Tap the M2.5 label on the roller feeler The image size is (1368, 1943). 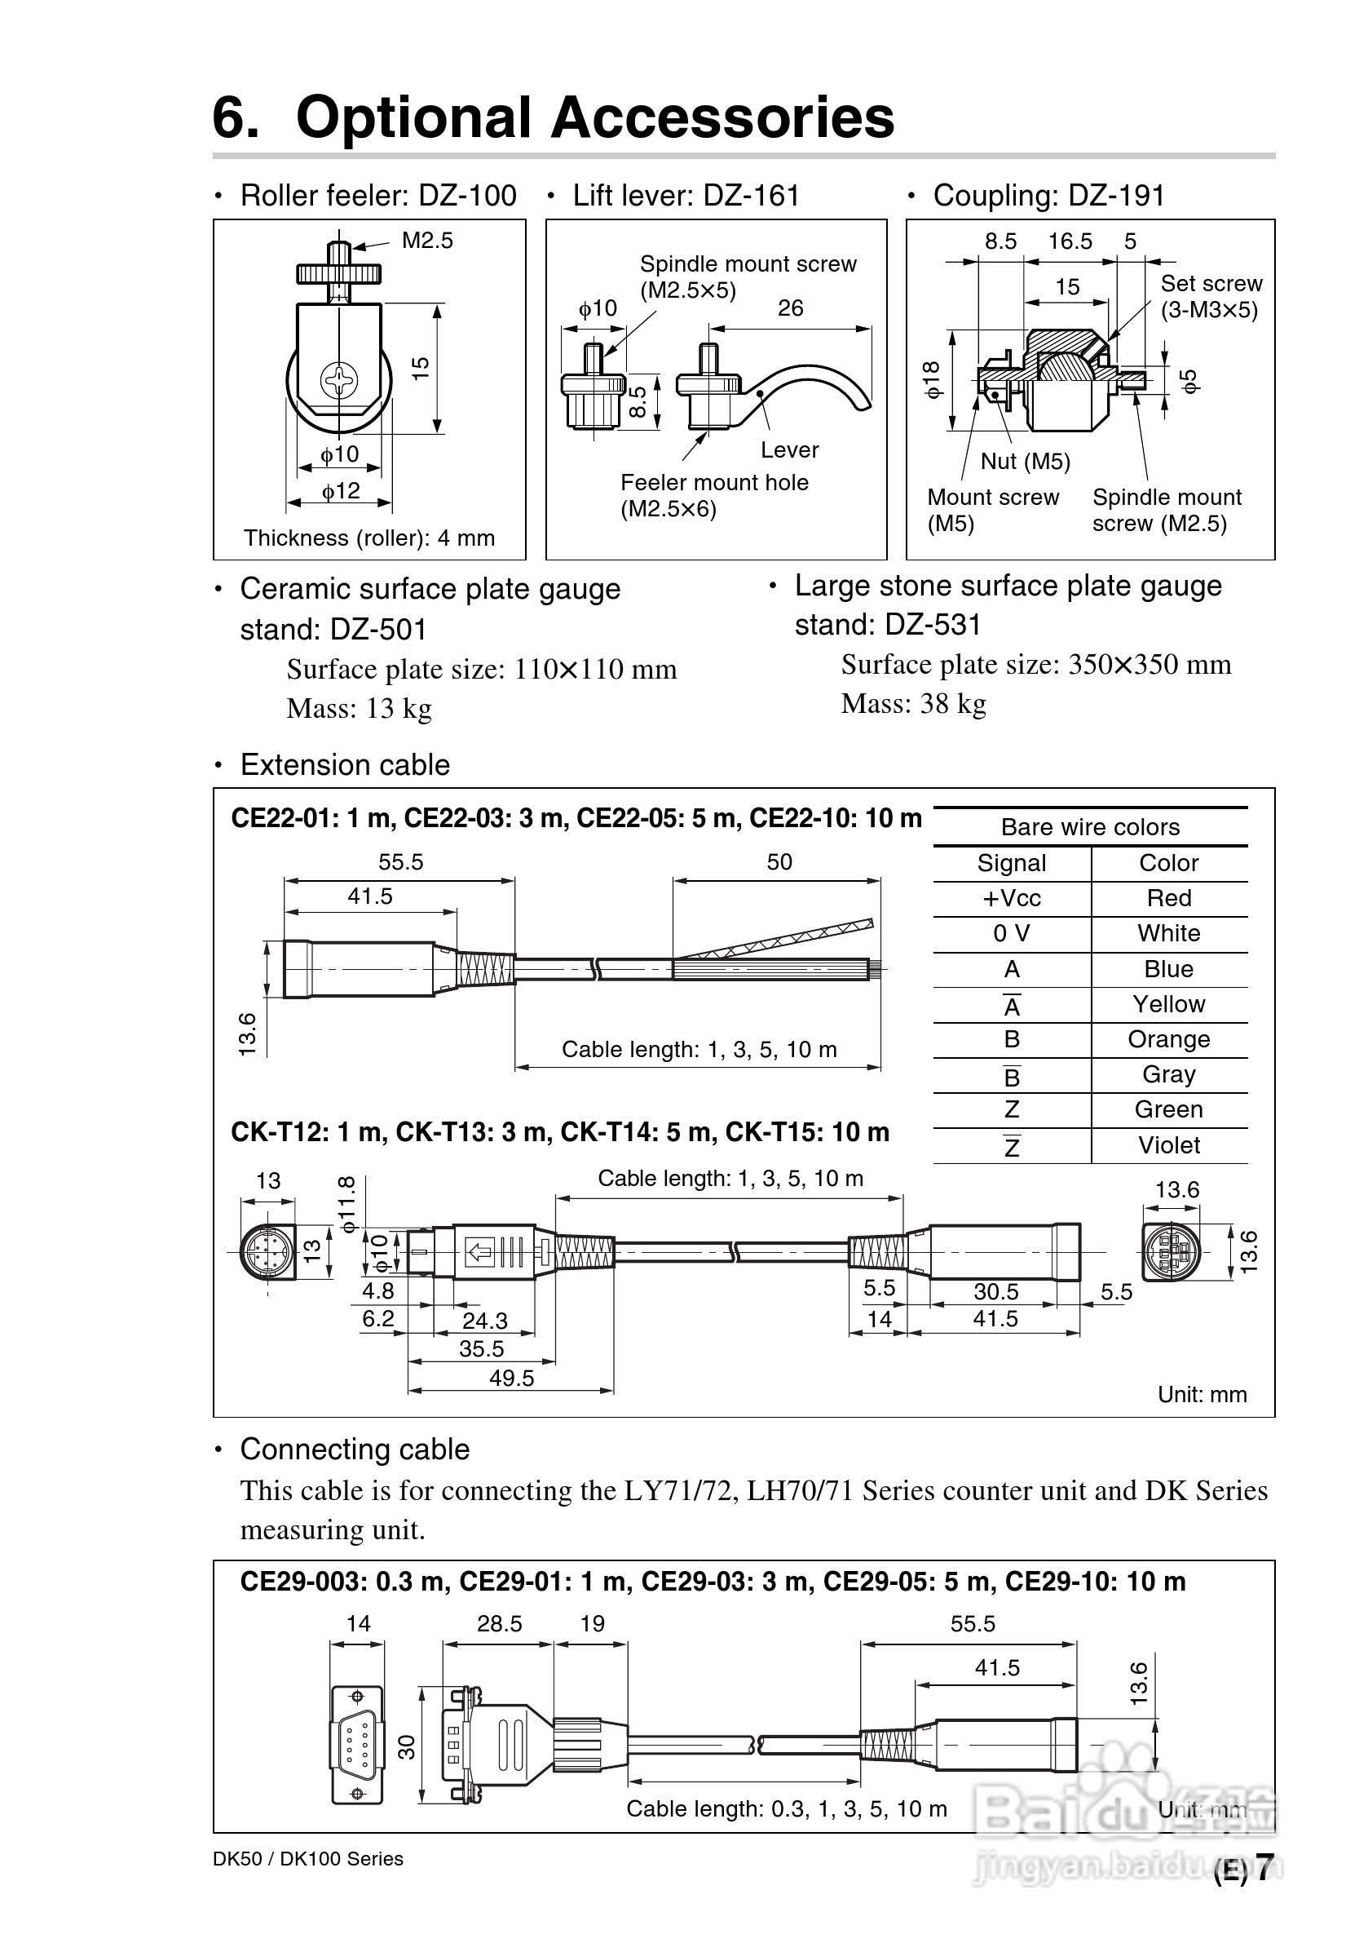(427, 241)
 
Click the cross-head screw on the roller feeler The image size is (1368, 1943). (339, 381)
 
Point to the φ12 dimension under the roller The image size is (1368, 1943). (340, 491)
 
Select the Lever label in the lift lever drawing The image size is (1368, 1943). (789, 450)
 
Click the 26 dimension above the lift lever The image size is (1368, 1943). (790, 308)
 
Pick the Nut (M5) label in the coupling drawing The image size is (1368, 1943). (1026, 461)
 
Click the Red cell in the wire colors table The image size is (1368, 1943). (1168, 898)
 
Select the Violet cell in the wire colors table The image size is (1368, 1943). (1168, 1145)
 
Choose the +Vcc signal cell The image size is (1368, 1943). (1011, 898)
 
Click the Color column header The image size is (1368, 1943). (1168, 862)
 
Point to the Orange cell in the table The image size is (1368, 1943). (1168, 1039)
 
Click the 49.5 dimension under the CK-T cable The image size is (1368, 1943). (511, 1379)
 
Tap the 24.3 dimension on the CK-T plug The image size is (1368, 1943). (485, 1321)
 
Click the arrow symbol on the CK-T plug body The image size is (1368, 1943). (480, 1250)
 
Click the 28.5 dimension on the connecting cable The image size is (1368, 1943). (499, 1624)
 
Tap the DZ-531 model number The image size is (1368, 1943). (933, 626)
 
